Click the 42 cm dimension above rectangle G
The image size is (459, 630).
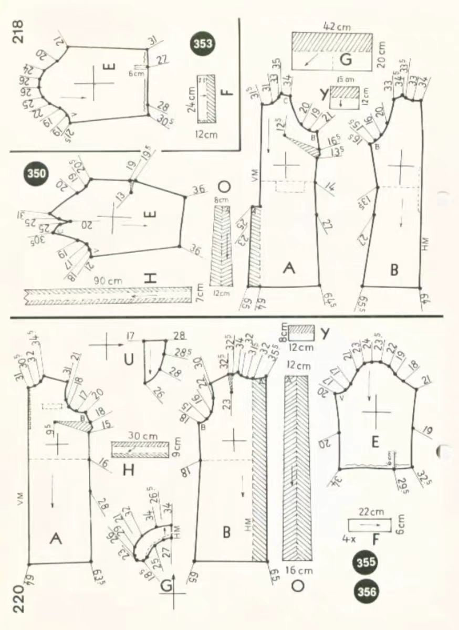click(x=338, y=25)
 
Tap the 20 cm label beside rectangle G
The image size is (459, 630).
click(x=382, y=51)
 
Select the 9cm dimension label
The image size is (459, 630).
click(x=176, y=450)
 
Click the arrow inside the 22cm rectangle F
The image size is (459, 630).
click(x=370, y=524)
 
